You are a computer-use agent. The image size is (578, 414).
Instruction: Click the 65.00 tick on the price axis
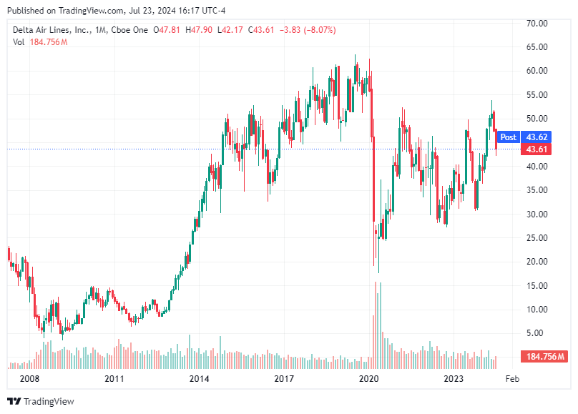[x=537, y=47]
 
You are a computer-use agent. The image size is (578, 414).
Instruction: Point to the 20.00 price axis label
[x=537, y=262]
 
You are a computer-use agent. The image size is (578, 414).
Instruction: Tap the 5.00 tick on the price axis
[x=539, y=333]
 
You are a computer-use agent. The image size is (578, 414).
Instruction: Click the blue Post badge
[x=508, y=137]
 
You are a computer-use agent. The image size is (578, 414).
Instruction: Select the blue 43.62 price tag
[x=537, y=137]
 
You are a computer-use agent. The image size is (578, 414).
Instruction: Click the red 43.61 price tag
[x=537, y=149]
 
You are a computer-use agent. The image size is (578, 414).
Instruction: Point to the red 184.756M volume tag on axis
[x=545, y=357]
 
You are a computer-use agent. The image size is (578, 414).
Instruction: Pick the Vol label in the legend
[x=19, y=42]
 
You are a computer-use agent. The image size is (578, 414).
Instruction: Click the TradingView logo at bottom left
[x=41, y=401]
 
